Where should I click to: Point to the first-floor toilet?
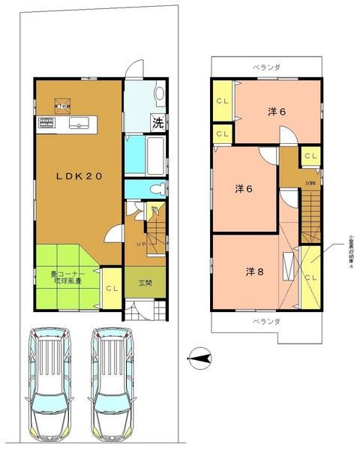[x=154, y=188]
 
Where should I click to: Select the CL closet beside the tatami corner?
[x=110, y=288]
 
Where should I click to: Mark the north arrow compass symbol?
[x=199, y=360]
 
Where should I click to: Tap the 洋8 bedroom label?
[x=253, y=271]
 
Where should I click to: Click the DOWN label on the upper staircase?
[x=310, y=183]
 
